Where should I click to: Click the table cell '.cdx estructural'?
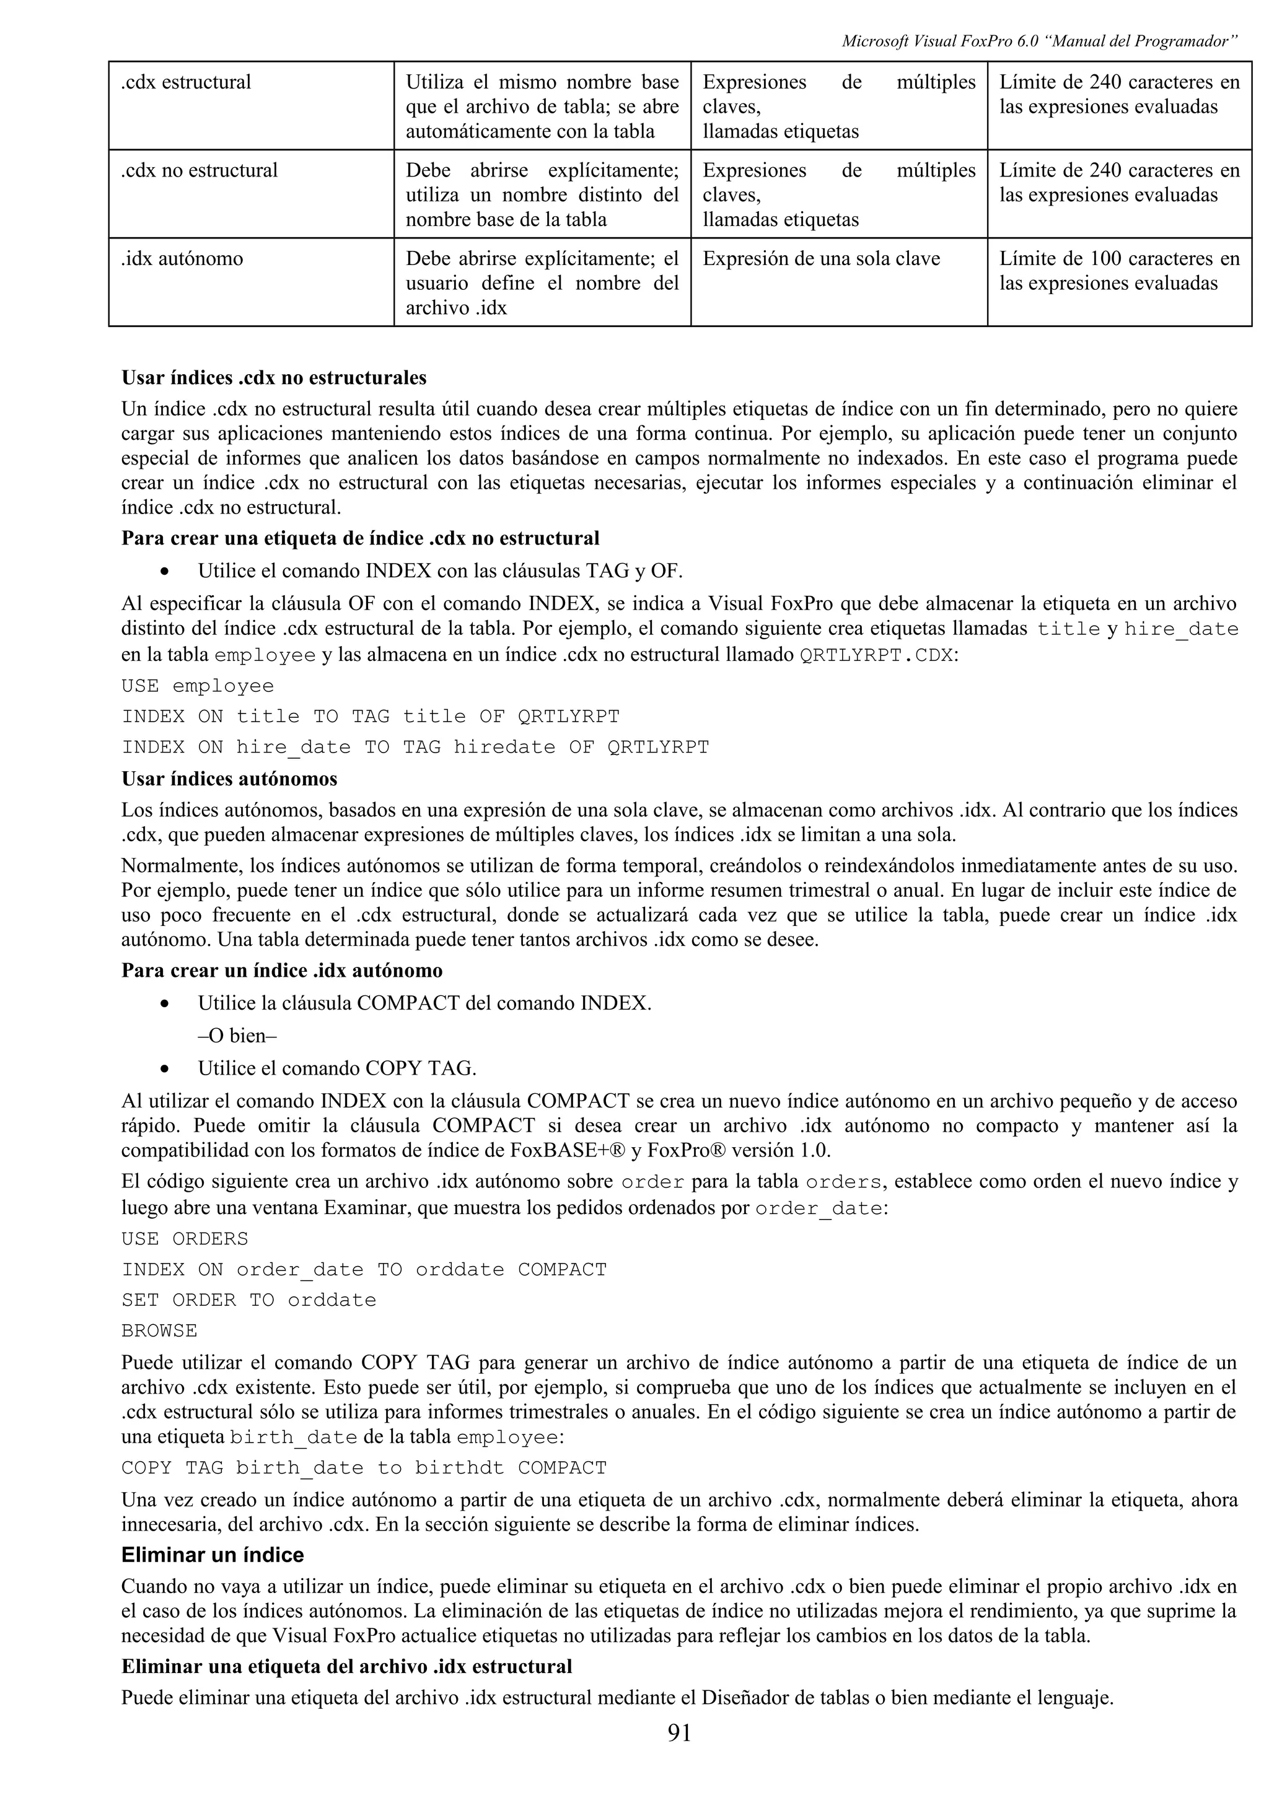[x=186, y=82]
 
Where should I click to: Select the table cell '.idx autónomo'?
[x=182, y=259]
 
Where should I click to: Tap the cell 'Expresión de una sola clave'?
[x=821, y=259]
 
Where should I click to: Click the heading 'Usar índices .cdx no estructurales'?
[x=274, y=378]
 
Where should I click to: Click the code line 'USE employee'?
[x=198, y=686]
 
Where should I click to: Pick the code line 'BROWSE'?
[x=159, y=1330]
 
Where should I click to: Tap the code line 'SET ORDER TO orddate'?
[x=248, y=1300]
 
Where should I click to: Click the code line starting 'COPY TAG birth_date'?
[x=364, y=1468]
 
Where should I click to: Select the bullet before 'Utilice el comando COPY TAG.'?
[x=164, y=1068]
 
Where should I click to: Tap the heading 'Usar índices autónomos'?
[x=229, y=779]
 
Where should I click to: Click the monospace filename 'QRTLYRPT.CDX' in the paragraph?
[x=877, y=656]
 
